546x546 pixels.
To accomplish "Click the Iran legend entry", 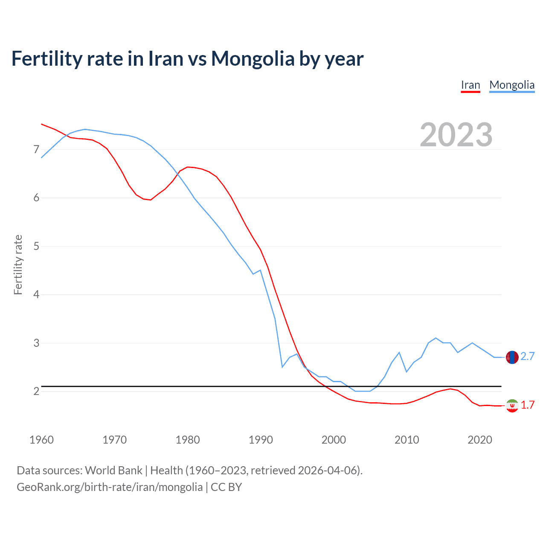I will coord(470,85).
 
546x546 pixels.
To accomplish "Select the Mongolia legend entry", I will coord(512,85).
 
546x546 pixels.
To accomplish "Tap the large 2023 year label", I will coord(456,135).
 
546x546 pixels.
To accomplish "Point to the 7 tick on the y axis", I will coord(36,149).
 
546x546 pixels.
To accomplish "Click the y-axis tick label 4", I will coord(36,294).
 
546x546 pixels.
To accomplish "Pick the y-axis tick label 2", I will coord(36,391).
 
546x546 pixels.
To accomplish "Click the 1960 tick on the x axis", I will coord(41,440).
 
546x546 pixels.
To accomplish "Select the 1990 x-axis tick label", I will coord(261,440).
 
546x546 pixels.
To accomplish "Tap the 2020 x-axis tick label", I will coord(480,440).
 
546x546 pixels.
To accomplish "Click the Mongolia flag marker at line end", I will coord(512,357).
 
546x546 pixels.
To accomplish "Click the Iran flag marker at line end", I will coord(512,406).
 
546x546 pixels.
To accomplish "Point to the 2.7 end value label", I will coord(528,357).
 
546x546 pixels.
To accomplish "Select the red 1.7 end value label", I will coord(528,405).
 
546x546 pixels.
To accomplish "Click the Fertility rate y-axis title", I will coord(18,264).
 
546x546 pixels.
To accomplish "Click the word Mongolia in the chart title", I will coord(253,59).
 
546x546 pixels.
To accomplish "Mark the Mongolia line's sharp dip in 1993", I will coord(282,367).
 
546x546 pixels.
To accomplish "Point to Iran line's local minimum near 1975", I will coord(151,200).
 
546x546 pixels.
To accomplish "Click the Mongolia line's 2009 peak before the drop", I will coord(399,352).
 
